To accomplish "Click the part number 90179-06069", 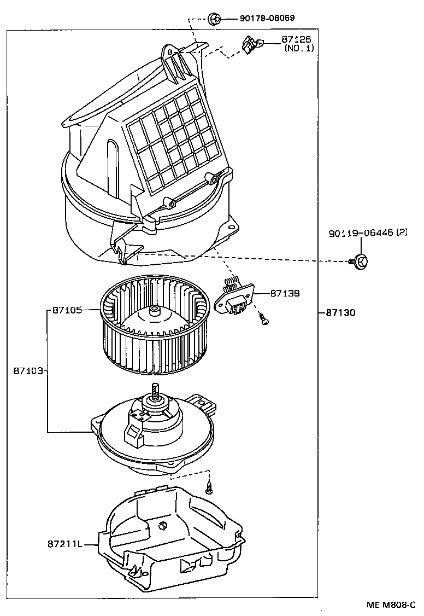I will click(x=267, y=18).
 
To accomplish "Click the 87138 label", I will click(x=284, y=293).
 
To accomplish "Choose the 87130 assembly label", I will click(x=340, y=313).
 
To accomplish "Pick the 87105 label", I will click(x=67, y=310).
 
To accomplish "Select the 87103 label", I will click(x=27, y=370).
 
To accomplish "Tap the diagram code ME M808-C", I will click(x=394, y=605).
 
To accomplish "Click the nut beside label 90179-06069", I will click(x=215, y=19).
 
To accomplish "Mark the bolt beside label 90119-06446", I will click(x=359, y=261).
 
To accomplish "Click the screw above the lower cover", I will click(x=208, y=486).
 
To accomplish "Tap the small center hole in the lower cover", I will click(x=162, y=526).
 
